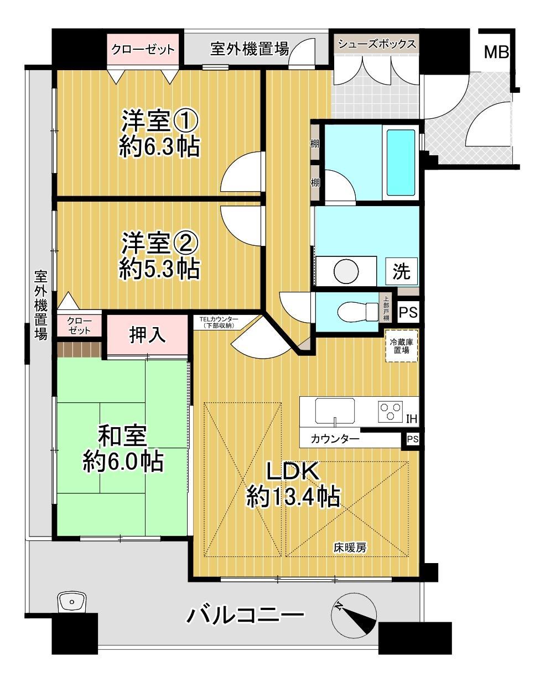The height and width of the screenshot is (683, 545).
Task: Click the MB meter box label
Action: (x=496, y=52)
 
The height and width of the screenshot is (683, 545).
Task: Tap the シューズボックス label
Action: (x=377, y=44)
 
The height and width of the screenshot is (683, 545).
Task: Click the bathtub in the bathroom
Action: (x=400, y=162)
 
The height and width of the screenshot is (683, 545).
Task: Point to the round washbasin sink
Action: (x=346, y=271)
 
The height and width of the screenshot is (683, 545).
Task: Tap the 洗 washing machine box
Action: (x=401, y=271)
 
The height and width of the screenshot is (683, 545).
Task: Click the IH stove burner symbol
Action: (x=390, y=412)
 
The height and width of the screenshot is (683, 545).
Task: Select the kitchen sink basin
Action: (x=335, y=411)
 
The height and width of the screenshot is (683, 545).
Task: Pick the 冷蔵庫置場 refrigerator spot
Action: (x=401, y=345)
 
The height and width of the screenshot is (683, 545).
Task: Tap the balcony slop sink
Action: (x=72, y=602)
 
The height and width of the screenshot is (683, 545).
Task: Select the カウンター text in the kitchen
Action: (x=335, y=439)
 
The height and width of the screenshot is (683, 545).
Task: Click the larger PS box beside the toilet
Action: (x=408, y=312)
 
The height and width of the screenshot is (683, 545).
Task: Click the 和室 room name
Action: (x=122, y=436)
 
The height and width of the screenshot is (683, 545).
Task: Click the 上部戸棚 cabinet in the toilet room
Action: (x=386, y=308)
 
